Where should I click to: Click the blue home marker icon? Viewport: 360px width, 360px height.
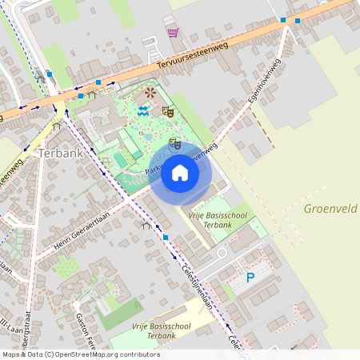pyautogui.click(x=180, y=173)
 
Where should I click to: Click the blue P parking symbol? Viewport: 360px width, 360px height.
pyautogui.click(x=250, y=278)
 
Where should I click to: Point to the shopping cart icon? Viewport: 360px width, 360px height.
pyautogui.click(x=173, y=33)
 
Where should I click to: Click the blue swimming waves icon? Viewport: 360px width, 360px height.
pyautogui.click(x=142, y=111)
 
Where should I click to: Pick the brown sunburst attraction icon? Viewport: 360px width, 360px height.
pyautogui.click(x=150, y=94)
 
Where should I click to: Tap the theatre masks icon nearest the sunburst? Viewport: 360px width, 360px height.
pyautogui.click(x=168, y=111)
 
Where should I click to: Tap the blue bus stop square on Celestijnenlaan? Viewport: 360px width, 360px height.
pyautogui.click(x=165, y=238)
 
